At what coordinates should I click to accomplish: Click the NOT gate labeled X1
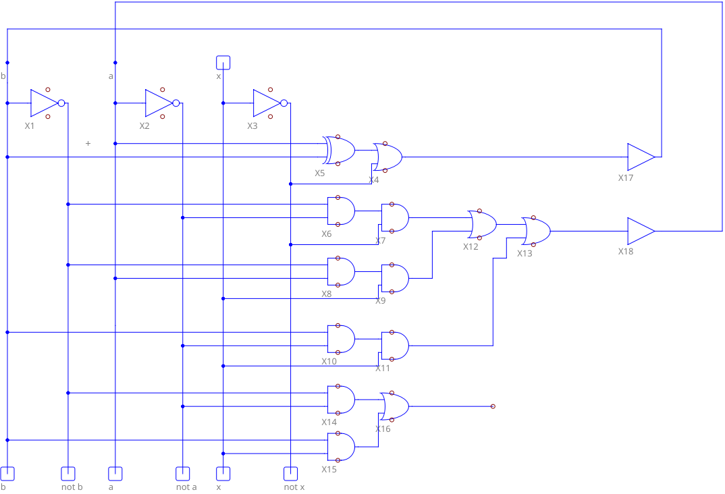[x=46, y=103]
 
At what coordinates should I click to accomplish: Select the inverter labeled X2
[x=161, y=103]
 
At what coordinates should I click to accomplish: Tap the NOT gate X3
[x=269, y=103]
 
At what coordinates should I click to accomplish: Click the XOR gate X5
[x=340, y=150]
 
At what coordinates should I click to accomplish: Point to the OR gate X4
[x=388, y=157]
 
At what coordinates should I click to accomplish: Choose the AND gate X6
[x=341, y=211]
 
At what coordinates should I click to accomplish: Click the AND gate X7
[x=395, y=218]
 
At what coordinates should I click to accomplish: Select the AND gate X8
[x=341, y=271]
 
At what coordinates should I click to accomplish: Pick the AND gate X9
[x=395, y=278]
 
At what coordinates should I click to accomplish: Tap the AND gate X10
[x=341, y=339]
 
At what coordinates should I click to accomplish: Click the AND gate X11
[x=395, y=346]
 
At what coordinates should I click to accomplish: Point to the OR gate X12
[x=482, y=224]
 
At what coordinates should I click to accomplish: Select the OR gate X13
[x=536, y=231]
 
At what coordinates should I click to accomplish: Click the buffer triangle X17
[x=640, y=157]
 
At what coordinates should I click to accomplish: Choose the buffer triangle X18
[x=640, y=231]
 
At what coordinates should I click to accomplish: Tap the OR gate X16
[x=394, y=406]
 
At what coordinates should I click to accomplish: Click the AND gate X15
[x=341, y=447]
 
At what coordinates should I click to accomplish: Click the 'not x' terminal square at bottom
[x=290, y=473]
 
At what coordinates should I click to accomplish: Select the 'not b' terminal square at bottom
[x=68, y=473]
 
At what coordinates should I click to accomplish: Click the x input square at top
[x=223, y=63]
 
